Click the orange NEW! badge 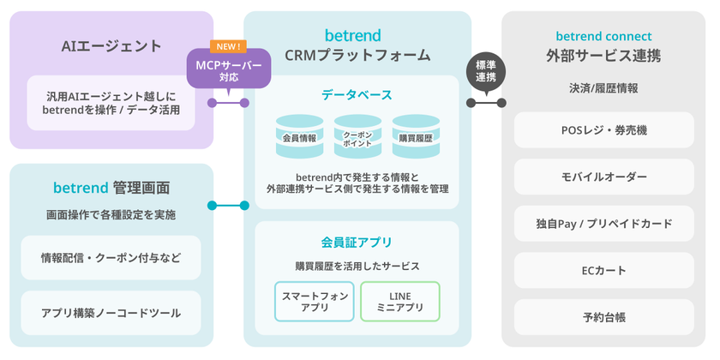(x=228, y=46)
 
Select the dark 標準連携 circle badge (x=486, y=71)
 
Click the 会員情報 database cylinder (x=299, y=136)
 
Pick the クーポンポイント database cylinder (x=357, y=136)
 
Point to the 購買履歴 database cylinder (x=416, y=136)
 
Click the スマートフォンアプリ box (x=314, y=302)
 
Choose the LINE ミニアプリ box (x=400, y=302)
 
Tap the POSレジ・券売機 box (x=603, y=130)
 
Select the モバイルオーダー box (x=603, y=177)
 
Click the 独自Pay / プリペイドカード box (x=603, y=224)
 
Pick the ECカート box (x=603, y=271)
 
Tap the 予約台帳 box (x=603, y=317)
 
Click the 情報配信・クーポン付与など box (x=111, y=258)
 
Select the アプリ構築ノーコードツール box (x=111, y=313)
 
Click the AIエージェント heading (x=111, y=46)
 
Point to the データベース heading (x=357, y=94)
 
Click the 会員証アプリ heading (x=357, y=242)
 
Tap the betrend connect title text (x=603, y=37)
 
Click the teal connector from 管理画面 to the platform (x=228, y=206)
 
